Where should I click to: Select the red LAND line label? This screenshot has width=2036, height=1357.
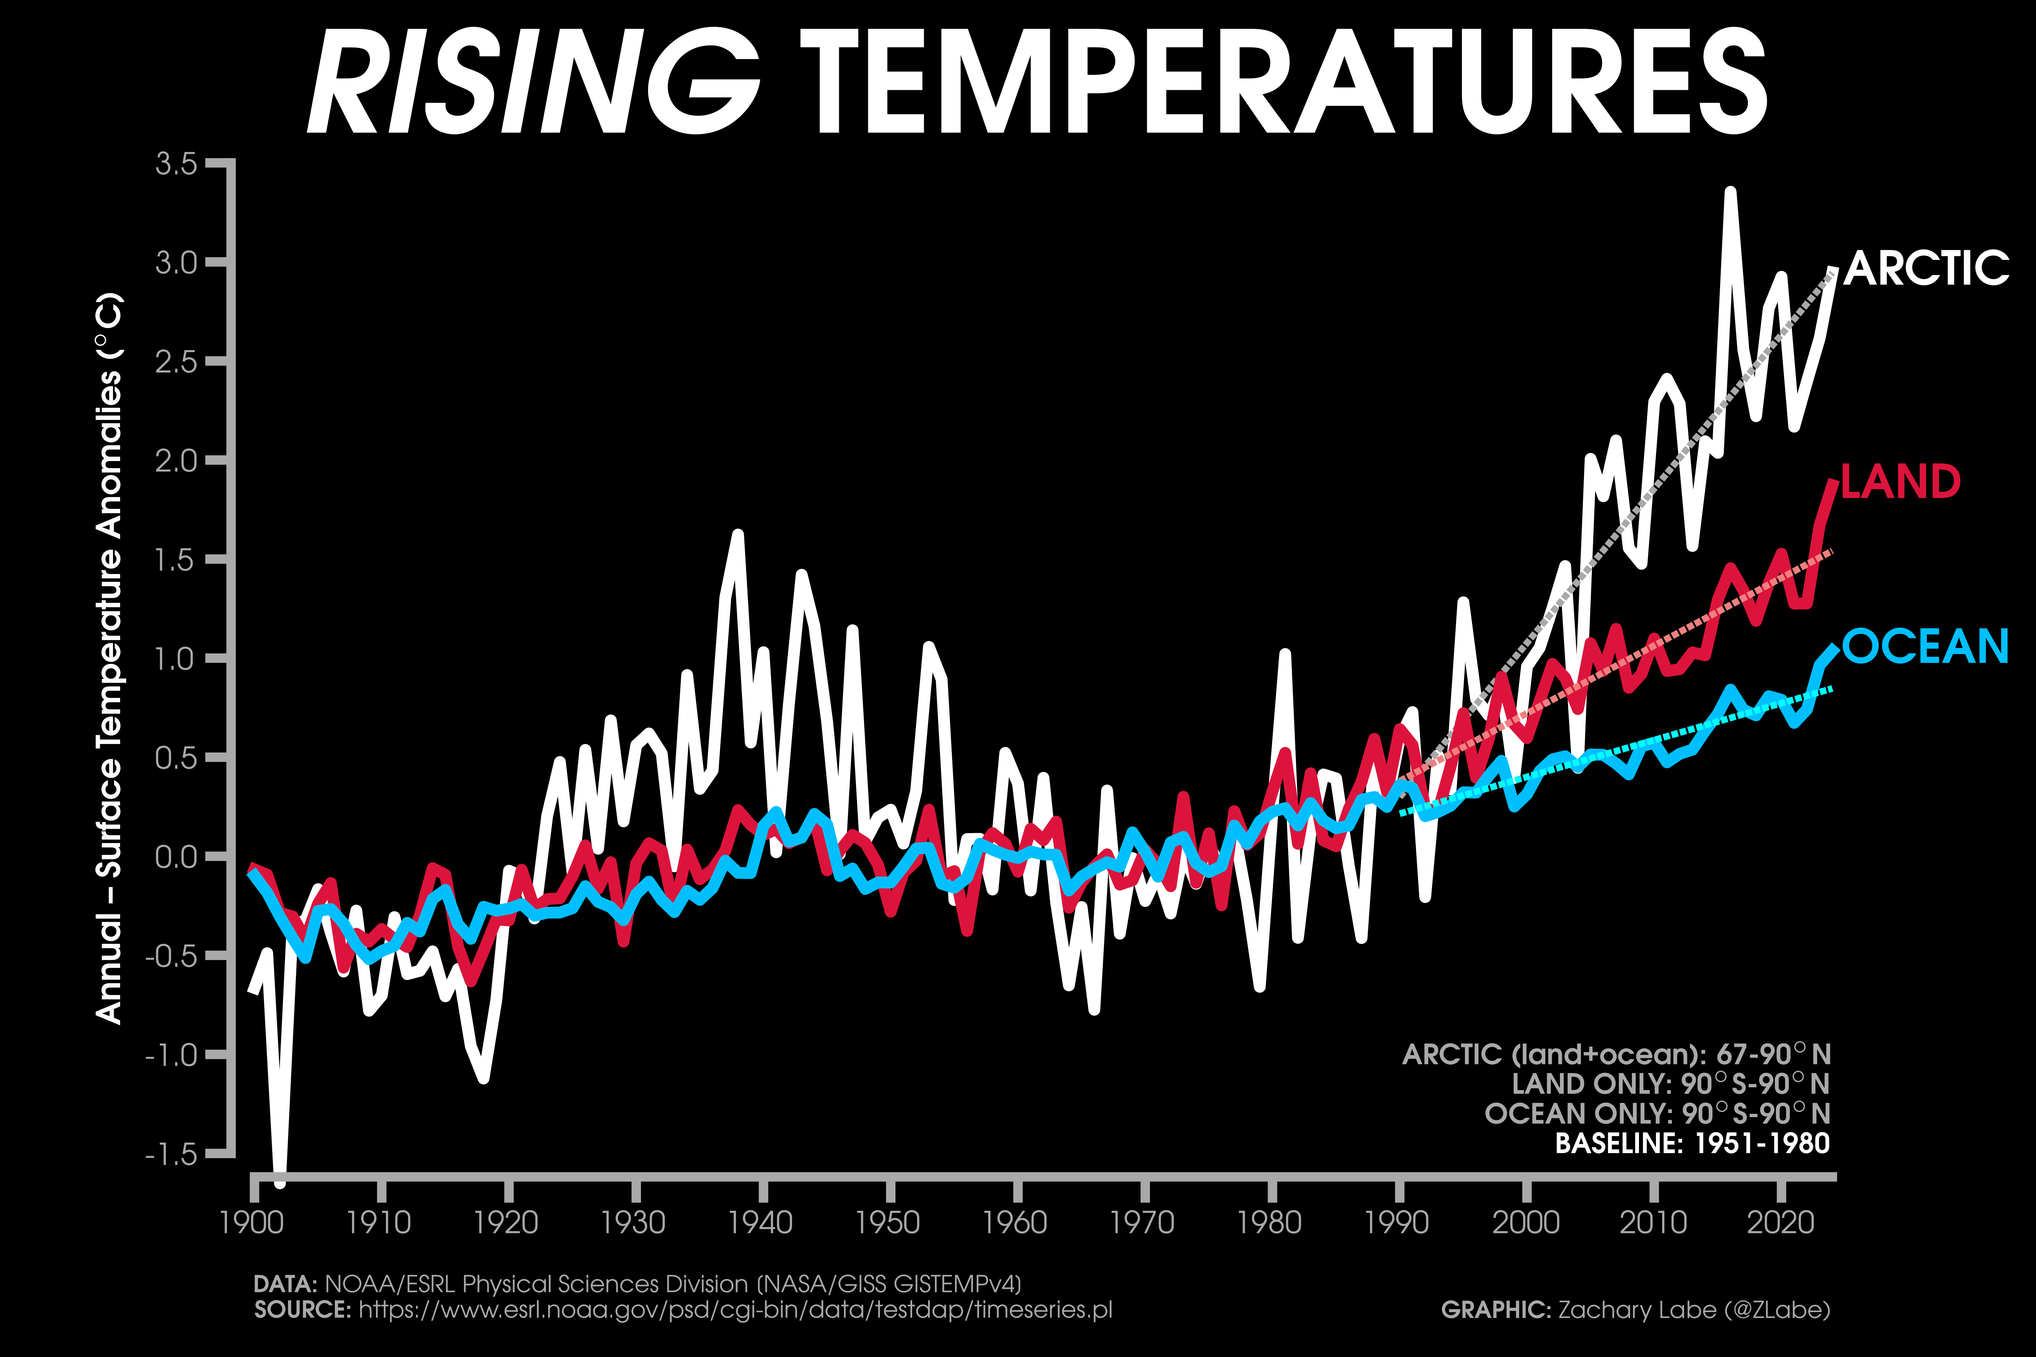1900,482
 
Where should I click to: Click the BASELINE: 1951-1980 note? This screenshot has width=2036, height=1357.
1692,1143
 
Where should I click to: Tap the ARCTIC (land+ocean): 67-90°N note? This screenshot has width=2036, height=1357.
1616,1054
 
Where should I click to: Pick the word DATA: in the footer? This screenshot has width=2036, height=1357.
285,1284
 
